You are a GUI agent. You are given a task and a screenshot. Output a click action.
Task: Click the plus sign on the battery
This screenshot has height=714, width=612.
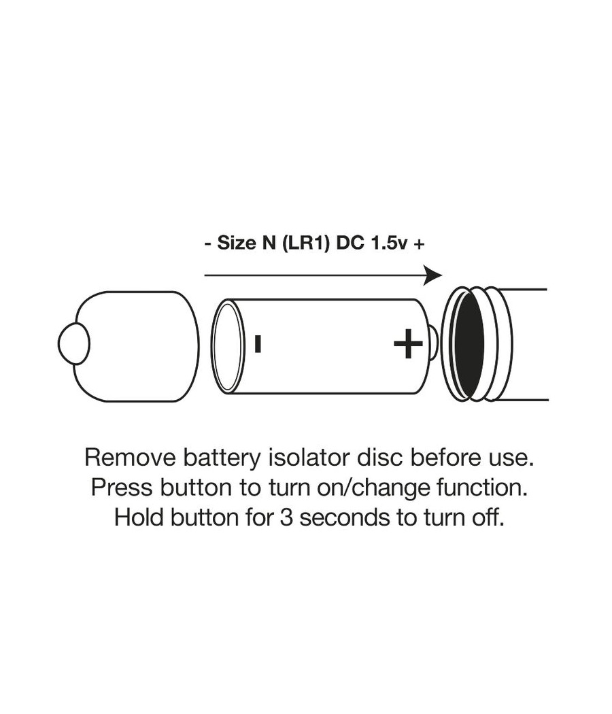pyautogui.click(x=408, y=344)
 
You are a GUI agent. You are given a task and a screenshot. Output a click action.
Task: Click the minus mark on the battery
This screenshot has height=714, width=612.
pyautogui.click(x=258, y=344)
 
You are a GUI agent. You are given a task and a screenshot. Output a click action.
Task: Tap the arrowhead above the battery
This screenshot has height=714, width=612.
pyautogui.click(x=432, y=275)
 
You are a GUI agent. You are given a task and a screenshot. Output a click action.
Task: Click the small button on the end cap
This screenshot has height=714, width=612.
pyautogui.click(x=73, y=344)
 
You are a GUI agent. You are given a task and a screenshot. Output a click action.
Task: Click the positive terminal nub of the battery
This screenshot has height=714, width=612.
pyautogui.click(x=435, y=344)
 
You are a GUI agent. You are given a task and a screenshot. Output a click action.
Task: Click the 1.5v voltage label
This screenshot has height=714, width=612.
pyautogui.click(x=389, y=243)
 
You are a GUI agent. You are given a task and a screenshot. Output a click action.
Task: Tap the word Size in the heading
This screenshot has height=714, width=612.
pyautogui.click(x=237, y=243)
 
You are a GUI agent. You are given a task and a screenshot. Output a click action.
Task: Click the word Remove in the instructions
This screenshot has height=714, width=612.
pyautogui.click(x=131, y=457)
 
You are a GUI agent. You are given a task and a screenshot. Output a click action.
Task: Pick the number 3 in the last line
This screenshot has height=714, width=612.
pyautogui.click(x=286, y=517)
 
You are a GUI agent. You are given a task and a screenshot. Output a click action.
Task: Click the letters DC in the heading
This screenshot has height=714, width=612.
pyautogui.click(x=350, y=243)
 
